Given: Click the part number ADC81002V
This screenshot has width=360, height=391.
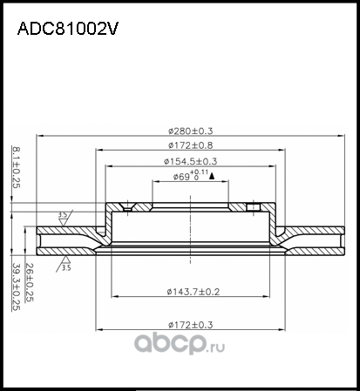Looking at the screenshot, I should (x=68, y=28).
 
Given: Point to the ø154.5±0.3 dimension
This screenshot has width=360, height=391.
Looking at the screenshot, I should (x=189, y=161).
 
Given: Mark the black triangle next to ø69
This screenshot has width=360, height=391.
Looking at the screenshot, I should (x=212, y=177).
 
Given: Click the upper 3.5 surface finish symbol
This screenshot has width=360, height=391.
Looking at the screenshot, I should (x=62, y=215).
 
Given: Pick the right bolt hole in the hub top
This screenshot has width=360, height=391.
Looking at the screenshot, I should (x=254, y=207).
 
